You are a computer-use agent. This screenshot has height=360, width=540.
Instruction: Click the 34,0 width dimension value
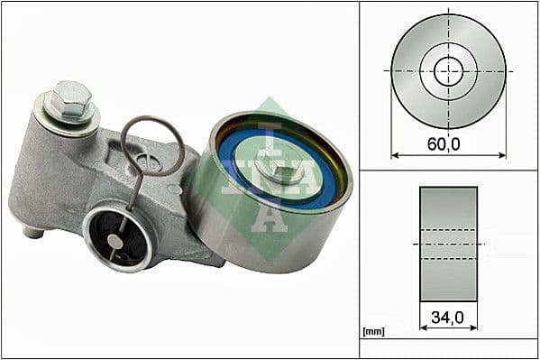tap(447, 317)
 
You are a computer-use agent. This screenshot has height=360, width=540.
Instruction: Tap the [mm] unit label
tap(372, 332)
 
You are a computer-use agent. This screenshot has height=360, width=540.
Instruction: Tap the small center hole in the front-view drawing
tap(448, 70)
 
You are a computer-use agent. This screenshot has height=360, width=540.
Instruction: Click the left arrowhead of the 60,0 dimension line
tap(395, 155)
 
